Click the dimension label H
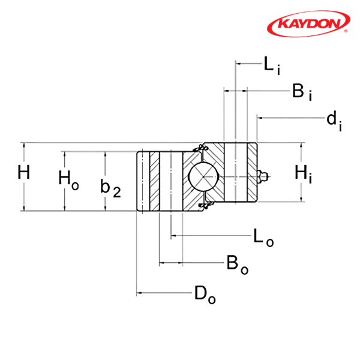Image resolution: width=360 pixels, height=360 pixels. click(x=23, y=173)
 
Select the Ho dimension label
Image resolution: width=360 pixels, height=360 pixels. click(x=68, y=178)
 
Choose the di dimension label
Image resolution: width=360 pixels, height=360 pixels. click(x=334, y=119)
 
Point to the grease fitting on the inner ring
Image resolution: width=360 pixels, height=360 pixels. click(x=262, y=176)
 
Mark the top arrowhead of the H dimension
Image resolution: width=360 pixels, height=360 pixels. click(x=23, y=146)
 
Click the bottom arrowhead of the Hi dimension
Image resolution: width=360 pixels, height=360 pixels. click(x=299, y=198)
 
